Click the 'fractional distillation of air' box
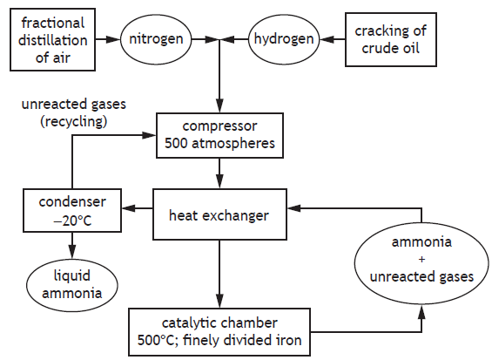[53, 39]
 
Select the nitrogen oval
[156, 39]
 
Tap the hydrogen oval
[284, 39]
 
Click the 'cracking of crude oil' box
[391, 39]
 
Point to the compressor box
[219, 135]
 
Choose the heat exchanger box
[219, 214]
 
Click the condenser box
[72, 210]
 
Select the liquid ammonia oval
[72, 285]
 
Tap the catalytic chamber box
[219, 332]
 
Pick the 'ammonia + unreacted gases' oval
[421, 263]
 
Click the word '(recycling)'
[74, 121]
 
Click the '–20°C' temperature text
[72, 221]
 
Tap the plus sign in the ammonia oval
[421, 260]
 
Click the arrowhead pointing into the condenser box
[128, 208]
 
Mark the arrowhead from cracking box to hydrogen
[327, 39]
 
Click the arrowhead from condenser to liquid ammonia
[72, 252]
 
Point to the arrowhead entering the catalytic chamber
[219, 302]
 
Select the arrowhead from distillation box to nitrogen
[113, 39]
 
